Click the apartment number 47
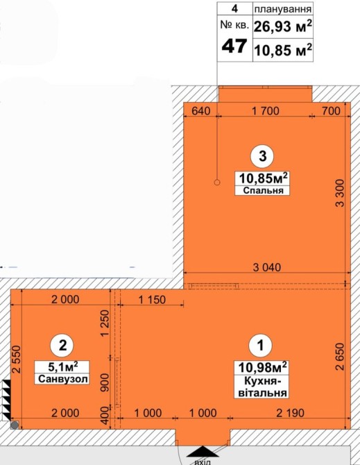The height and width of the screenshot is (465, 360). coord(234,46)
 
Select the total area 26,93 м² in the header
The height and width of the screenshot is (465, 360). coord(283,26)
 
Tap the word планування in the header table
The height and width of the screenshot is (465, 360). coord(283,9)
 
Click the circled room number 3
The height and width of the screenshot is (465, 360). coord(262,156)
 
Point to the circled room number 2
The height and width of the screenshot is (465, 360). coord(62,346)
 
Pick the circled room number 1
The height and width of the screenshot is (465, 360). coord(260,345)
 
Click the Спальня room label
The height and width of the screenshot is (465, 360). coord(263,190)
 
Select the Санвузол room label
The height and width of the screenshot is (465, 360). coord(63,379)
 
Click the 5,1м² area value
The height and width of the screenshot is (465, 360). coord(63,367)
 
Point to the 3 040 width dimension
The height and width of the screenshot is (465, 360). coord(267,267)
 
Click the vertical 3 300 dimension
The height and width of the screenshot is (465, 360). coord(340,193)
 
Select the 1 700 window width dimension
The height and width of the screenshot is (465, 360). coord(266,111)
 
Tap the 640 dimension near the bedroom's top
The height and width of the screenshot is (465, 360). coord(201,111)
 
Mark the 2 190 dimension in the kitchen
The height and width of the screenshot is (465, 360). coord(290,413)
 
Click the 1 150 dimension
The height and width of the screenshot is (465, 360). coord(153,300)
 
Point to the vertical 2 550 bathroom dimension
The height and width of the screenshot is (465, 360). coord(17,359)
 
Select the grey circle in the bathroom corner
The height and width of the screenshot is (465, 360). coord(15,425)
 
